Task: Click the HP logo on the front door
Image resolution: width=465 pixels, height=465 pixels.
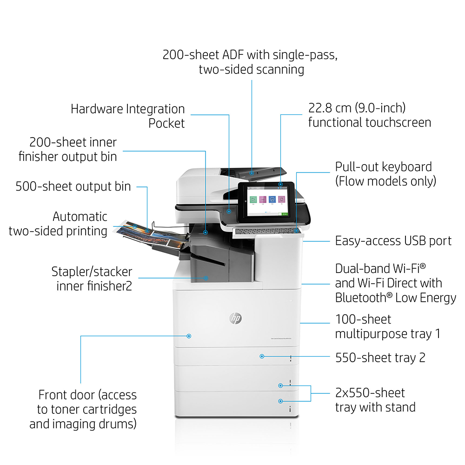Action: [x=235, y=318]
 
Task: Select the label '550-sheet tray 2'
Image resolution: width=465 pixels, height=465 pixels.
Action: [x=380, y=358]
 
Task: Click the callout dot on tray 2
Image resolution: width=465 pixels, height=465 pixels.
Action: [x=262, y=356]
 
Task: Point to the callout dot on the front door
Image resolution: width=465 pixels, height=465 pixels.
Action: [x=189, y=336]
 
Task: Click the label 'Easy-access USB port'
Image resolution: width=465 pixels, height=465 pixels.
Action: [x=393, y=241]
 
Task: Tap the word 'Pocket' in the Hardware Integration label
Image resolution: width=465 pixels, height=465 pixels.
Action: [x=166, y=123]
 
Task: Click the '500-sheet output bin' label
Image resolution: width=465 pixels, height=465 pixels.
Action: [x=73, y=186]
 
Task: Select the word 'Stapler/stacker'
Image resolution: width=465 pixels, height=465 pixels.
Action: [x=92, y=272]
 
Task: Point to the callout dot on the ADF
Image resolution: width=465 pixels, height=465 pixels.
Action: [x=252, y=173]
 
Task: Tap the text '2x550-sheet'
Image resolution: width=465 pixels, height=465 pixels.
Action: [x=370, y=393]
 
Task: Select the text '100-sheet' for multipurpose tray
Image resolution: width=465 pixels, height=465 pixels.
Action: [x=363, y=319]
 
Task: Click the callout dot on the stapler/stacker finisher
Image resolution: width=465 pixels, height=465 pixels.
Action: [x=206, y=278]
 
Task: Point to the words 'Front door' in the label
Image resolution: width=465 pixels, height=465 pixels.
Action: [x=66, y=395]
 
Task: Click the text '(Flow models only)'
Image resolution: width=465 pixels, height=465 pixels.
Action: [x=385, y=181]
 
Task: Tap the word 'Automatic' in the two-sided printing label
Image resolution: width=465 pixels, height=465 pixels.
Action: [x=80, y=217]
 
